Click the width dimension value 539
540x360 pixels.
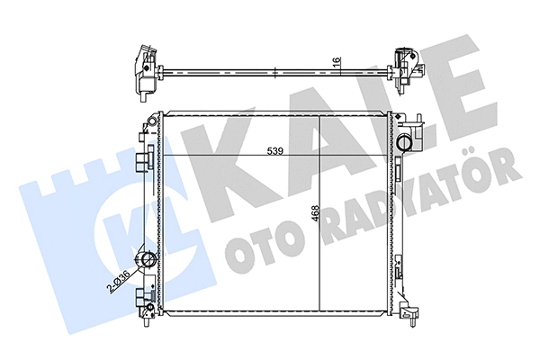[275, 151]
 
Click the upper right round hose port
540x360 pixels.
[409, 140]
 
